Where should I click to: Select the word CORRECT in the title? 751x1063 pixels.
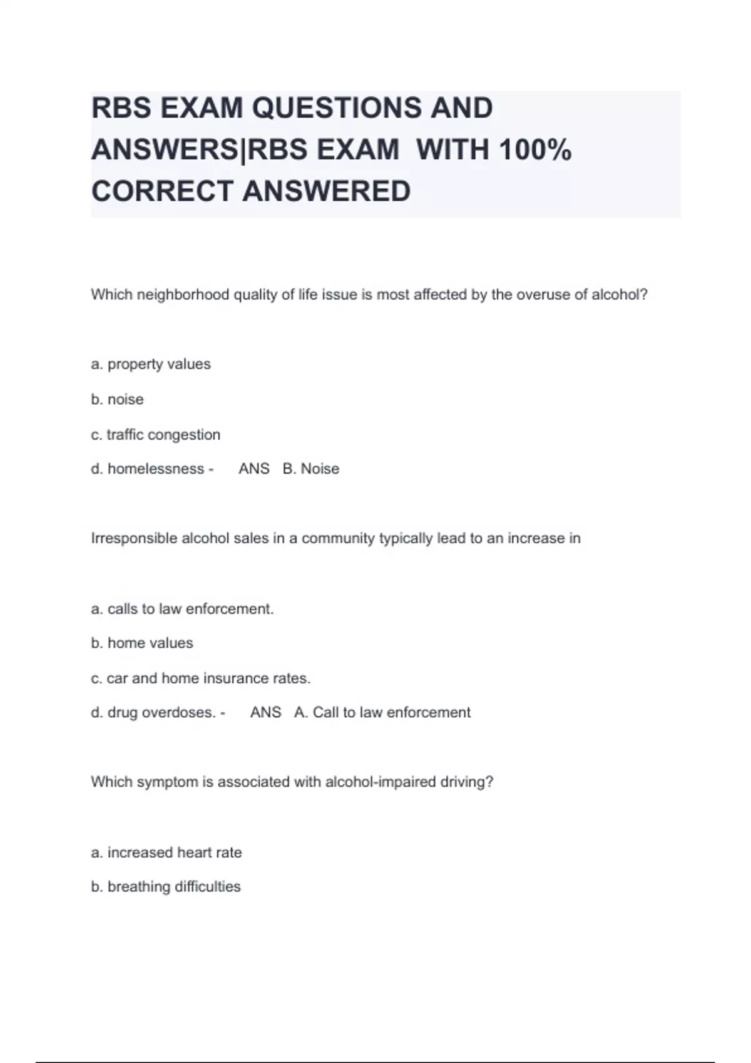pyautogui.click(x=162, y=191)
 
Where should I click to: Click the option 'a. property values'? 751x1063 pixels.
pyautogui.click(x=151, y=364)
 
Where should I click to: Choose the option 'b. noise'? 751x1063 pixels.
pyautogui.click(x=117, y=400)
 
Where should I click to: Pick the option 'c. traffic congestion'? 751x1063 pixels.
pyautogui.click(x=156, y=435)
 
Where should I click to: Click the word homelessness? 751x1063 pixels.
pyautogui.click(x=156, y=469)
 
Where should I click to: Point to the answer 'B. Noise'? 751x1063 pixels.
pyautogui.click(x=311, y=469)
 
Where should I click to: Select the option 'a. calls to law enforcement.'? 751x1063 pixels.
pyautogui.click(x=182, y=609)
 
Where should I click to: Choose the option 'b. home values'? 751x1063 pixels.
pyautogui.click(x=142, y=643)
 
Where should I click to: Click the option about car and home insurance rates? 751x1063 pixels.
pyautogui.click(x=201, y=678)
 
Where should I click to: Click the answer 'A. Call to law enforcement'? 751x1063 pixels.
pyautogui.click(x=382, y=713)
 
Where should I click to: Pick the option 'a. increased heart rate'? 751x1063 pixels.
pyautogui.click(x=166, y=853)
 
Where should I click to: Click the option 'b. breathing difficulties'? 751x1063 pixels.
pyautogui.click(x=166, y=887)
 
